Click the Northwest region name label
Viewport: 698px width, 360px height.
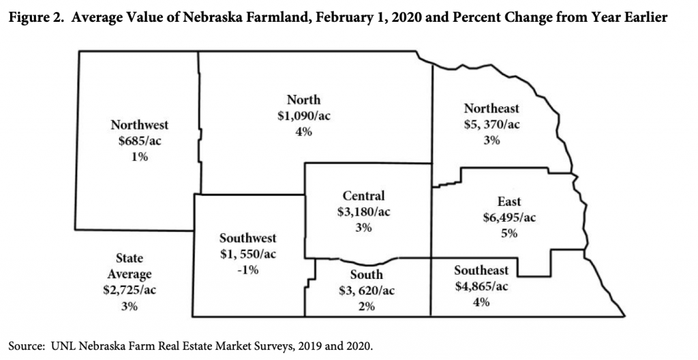tap(139, 125)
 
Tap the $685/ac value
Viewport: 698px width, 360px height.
tap(139, 141)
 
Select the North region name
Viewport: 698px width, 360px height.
tap(303, 100)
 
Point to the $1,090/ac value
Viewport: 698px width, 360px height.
tap(303, 116)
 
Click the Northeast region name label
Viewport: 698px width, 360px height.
tap(491, 108)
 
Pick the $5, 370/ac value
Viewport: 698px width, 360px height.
tap(491, 124)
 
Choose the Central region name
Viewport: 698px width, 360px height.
tap(363, 196)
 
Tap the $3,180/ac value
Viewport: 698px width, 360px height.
tap(363, 212)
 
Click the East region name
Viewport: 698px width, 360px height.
tap(509, 202)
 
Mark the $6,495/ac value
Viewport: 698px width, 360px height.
tap(509, 217)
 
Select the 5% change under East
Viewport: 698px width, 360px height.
tap(509, 233)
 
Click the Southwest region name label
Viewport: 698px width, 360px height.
tap(247, 239)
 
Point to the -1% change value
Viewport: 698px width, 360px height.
tap(247, 270)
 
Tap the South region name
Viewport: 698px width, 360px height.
tap(367, 275)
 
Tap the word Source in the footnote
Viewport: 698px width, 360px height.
tap(25, 345)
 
